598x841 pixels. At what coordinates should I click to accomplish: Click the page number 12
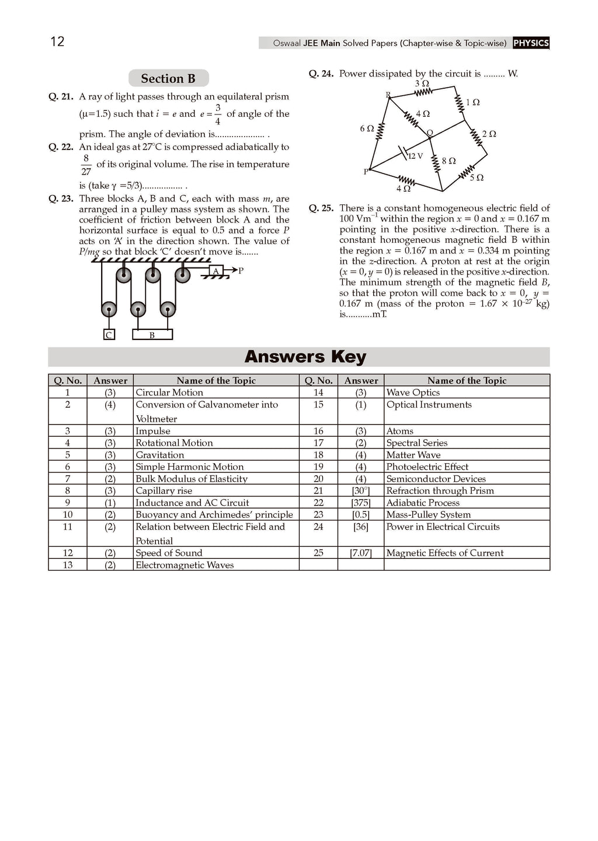57,41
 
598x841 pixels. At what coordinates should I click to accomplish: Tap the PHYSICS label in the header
531,43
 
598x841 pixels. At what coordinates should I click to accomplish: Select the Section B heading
168,79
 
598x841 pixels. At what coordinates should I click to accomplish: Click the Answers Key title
305,356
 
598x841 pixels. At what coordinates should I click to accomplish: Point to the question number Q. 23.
61,199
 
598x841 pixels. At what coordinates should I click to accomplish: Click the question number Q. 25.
321,208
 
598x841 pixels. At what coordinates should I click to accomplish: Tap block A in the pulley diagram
216,271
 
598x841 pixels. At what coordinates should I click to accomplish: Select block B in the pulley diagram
152,335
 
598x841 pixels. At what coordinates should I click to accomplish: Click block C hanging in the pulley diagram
109,335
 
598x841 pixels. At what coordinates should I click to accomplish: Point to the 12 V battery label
415,156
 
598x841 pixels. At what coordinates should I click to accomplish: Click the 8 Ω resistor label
448,161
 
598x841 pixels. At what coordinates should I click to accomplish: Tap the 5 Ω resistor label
477,178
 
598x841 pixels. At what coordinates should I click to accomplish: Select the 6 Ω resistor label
367,128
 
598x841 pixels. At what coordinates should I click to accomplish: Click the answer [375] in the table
361,503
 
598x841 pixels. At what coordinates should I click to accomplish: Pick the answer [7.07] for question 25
361,553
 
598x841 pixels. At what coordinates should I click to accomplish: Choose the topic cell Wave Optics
413,392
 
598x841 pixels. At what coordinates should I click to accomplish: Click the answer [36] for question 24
361,527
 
